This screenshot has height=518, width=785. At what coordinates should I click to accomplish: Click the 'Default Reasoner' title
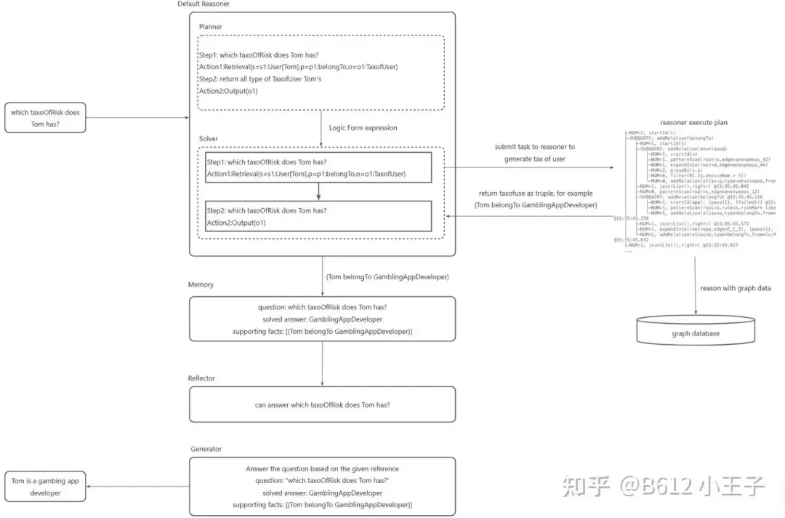(x=204, y=4)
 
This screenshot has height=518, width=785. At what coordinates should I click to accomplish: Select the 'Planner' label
(x=211, y=27)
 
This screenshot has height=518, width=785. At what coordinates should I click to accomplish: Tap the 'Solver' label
(x=208, y=138)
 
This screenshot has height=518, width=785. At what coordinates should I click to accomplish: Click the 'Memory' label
(x=201, y=285)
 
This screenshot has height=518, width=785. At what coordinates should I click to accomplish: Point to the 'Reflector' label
(x=202, y=378)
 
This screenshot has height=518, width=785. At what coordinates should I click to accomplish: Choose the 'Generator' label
(x=206, y=449)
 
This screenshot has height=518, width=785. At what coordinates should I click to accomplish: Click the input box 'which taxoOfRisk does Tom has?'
(x=45, y=118)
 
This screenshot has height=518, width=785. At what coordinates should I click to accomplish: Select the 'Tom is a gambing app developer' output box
(x=45, y=487)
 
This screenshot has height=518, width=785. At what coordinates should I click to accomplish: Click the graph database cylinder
(x=696, y=331)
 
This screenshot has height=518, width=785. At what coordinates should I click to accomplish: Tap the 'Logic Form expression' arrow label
(x=363, y=127)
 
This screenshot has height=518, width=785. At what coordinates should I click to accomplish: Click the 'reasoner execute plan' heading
(x=693, y=123)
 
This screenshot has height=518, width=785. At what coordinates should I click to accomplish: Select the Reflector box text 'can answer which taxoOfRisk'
(x=322, y=405)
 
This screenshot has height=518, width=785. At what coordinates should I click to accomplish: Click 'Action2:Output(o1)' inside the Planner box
(x=228, y=91)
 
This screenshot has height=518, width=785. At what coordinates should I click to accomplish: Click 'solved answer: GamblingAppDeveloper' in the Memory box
(x=322, y=319)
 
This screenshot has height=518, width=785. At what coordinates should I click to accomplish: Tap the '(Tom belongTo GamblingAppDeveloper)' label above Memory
(x=387, y=276)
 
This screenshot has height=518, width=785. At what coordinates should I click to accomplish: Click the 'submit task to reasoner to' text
(x=534, y=147)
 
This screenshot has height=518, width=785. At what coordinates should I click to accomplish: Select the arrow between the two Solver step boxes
(x=318, y=191)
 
